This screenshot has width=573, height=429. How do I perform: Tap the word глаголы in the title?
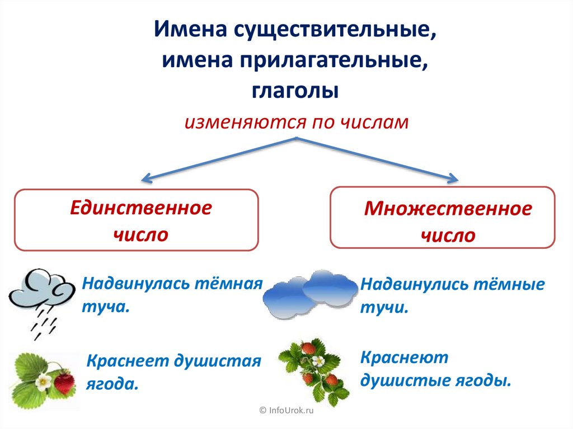[x=295, y=90]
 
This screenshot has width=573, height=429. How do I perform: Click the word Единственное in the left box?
[x=141, y=209]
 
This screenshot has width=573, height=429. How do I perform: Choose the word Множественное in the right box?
[x=448, y=209]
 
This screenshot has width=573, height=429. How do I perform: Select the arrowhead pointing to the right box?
[x=451, y=178]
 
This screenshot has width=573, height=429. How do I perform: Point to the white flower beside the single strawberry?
[x=43, y=382]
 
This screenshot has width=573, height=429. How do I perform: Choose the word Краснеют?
[x=396, y=357]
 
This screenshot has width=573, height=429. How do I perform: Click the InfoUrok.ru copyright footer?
[x=286, y=411]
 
